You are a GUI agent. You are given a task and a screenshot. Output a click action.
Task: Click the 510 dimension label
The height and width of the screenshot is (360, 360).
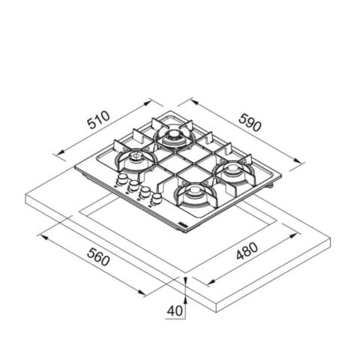tap(98, 119)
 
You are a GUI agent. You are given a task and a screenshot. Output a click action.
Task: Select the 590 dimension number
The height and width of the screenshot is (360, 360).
tap(250, 122)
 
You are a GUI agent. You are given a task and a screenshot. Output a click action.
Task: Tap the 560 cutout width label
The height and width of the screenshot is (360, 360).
tap(98, 256)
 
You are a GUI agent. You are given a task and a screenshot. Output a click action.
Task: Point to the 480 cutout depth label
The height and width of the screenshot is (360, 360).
tap(247, 251)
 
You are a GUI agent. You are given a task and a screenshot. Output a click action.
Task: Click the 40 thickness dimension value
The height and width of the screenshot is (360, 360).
tap(175, 311)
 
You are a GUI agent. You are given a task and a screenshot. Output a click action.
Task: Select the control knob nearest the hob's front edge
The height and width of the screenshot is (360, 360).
tap(156, 199)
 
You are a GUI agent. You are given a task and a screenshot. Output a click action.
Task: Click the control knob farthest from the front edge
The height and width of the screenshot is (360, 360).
tap(122, 179)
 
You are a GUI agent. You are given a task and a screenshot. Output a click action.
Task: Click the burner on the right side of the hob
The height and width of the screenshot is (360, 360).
tap(234, 170)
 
